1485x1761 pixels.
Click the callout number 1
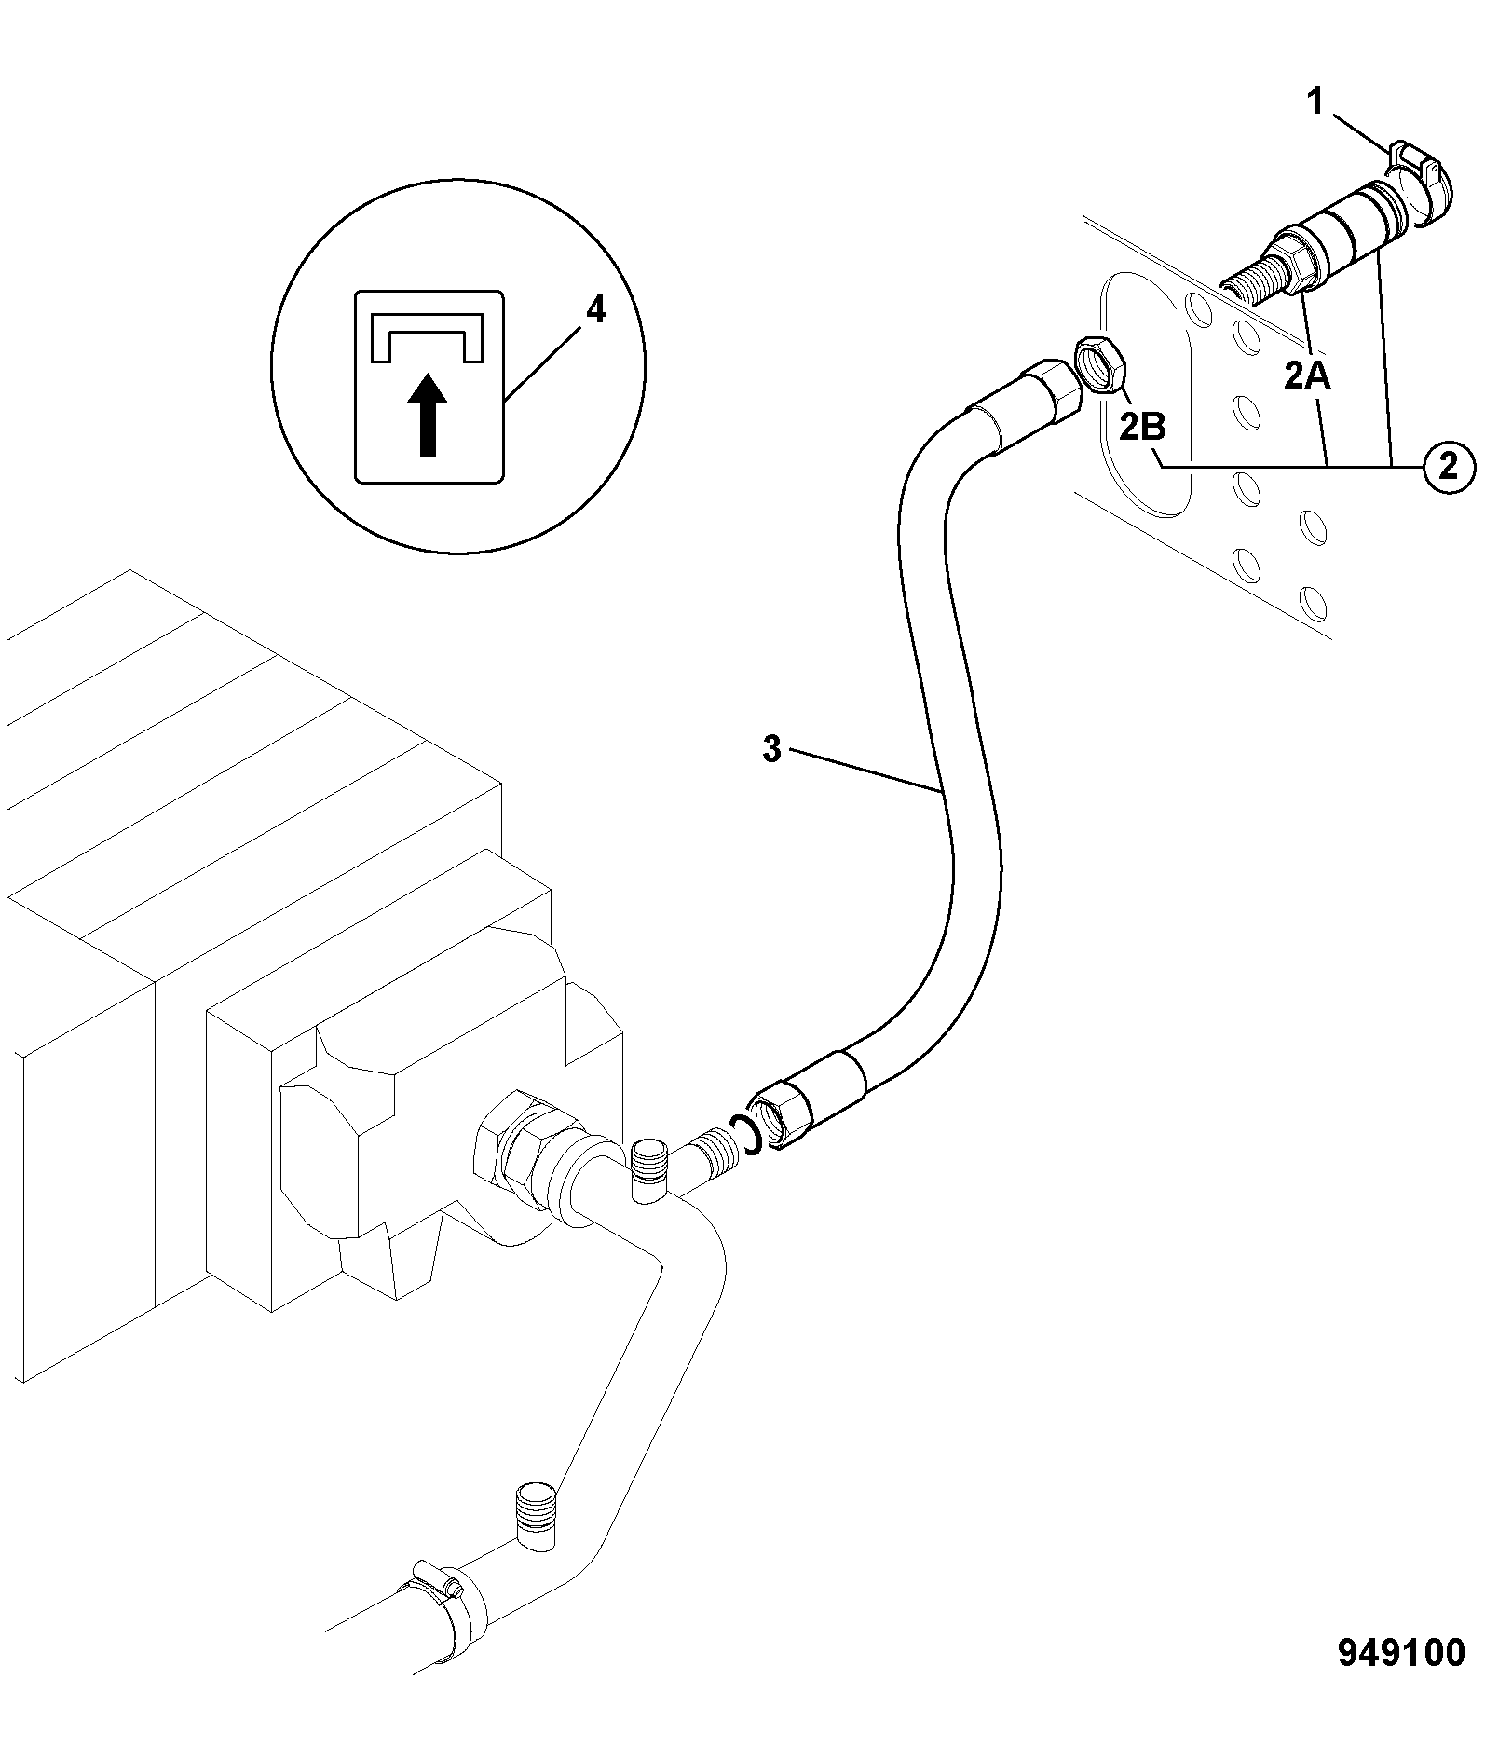pos(1316,102)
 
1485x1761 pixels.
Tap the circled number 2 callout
pos(1448,466)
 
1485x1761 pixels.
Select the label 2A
pos(1307,375)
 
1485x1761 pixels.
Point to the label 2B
pos(1142,427)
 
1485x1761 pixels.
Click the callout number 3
pos(771,748)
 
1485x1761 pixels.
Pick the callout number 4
pos(595,310)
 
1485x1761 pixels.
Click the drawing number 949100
pos(1401,1654)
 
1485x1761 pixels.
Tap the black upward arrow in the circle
pos(428,415)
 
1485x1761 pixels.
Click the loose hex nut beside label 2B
pos(1101,366)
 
